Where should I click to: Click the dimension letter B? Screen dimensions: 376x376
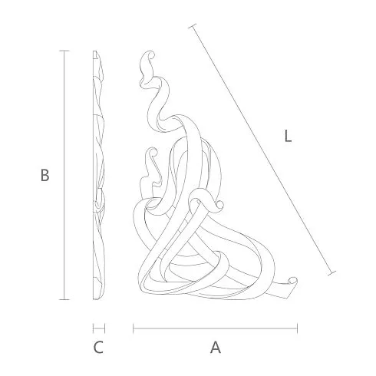45,175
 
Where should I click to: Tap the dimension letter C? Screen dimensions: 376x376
98,348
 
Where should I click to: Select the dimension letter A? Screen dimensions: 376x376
216,348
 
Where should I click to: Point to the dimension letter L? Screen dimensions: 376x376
288,136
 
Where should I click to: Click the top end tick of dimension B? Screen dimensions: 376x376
64,51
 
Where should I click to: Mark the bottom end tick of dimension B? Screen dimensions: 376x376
64,299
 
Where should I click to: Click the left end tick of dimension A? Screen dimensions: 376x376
134,328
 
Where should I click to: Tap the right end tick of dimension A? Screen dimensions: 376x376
297,328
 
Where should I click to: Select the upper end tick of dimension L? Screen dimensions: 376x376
193,26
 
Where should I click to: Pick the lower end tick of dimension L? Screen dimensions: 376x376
331,273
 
